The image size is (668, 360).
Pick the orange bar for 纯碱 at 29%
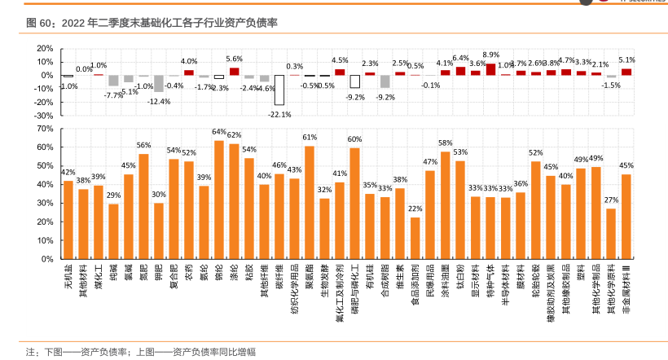pos(113,231)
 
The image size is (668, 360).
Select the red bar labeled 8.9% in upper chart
pos(490,69)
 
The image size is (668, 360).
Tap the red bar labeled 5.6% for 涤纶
pos(234,71)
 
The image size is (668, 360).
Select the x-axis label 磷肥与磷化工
pos(355,289)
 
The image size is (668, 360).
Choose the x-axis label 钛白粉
pos(460,276)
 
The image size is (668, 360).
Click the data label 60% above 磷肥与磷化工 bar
pos(355,139)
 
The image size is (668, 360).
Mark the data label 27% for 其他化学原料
pos(611,200)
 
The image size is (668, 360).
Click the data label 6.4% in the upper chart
pos(460,59)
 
